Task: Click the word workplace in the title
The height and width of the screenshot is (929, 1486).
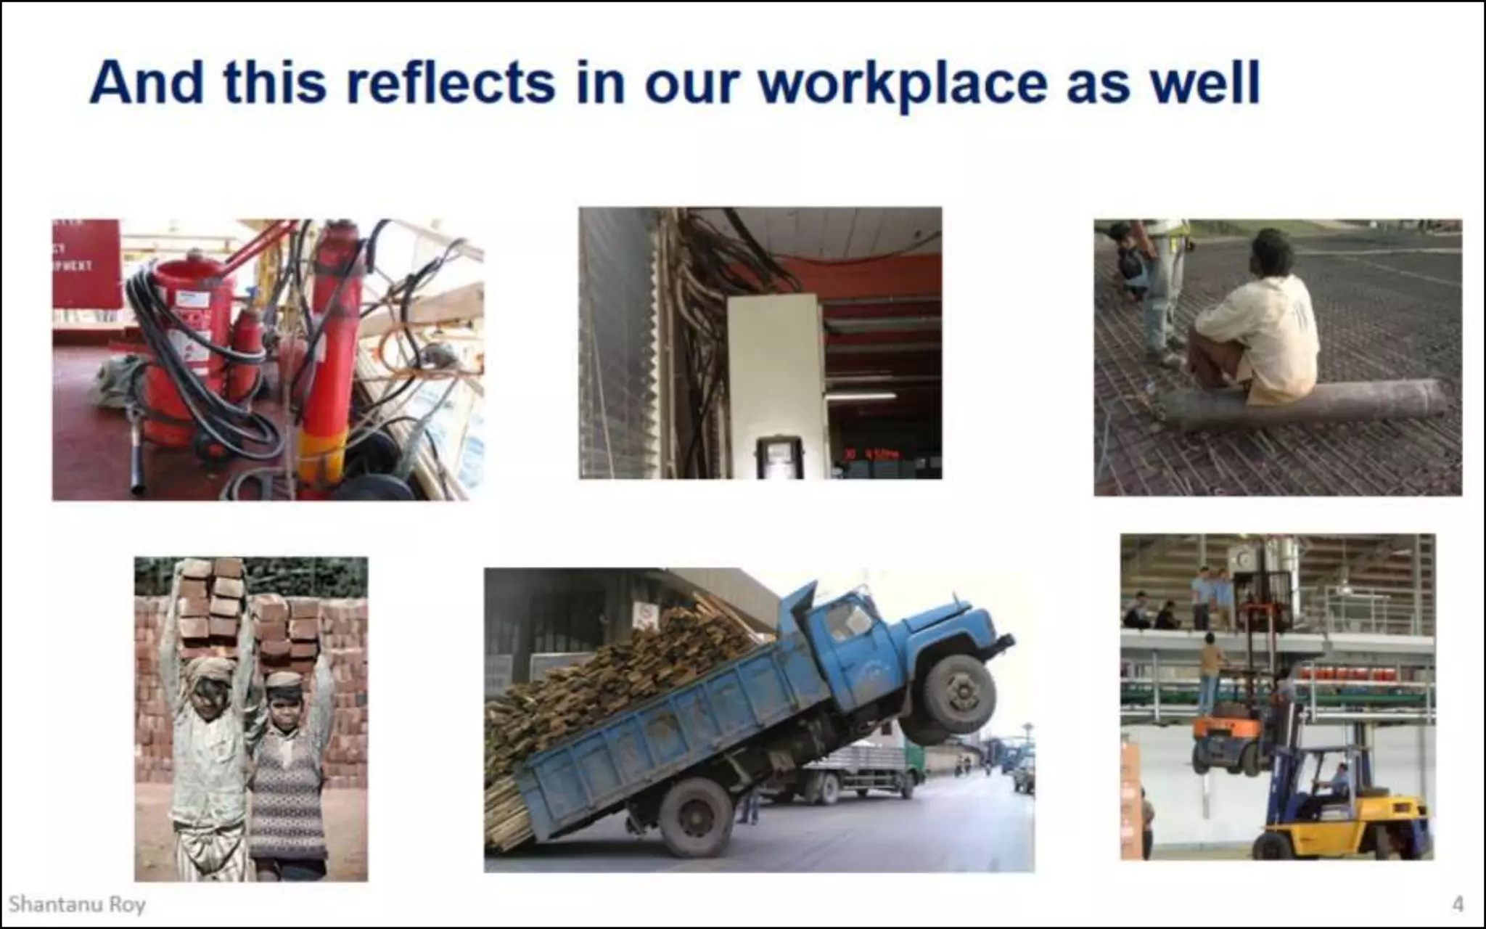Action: [903, 83]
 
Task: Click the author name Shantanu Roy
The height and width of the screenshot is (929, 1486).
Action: [77, 904]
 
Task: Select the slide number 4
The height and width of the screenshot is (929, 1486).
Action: [1457, 904]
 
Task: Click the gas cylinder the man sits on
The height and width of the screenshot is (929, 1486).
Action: [1299, 404]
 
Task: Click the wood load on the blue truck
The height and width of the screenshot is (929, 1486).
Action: [624, 668]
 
